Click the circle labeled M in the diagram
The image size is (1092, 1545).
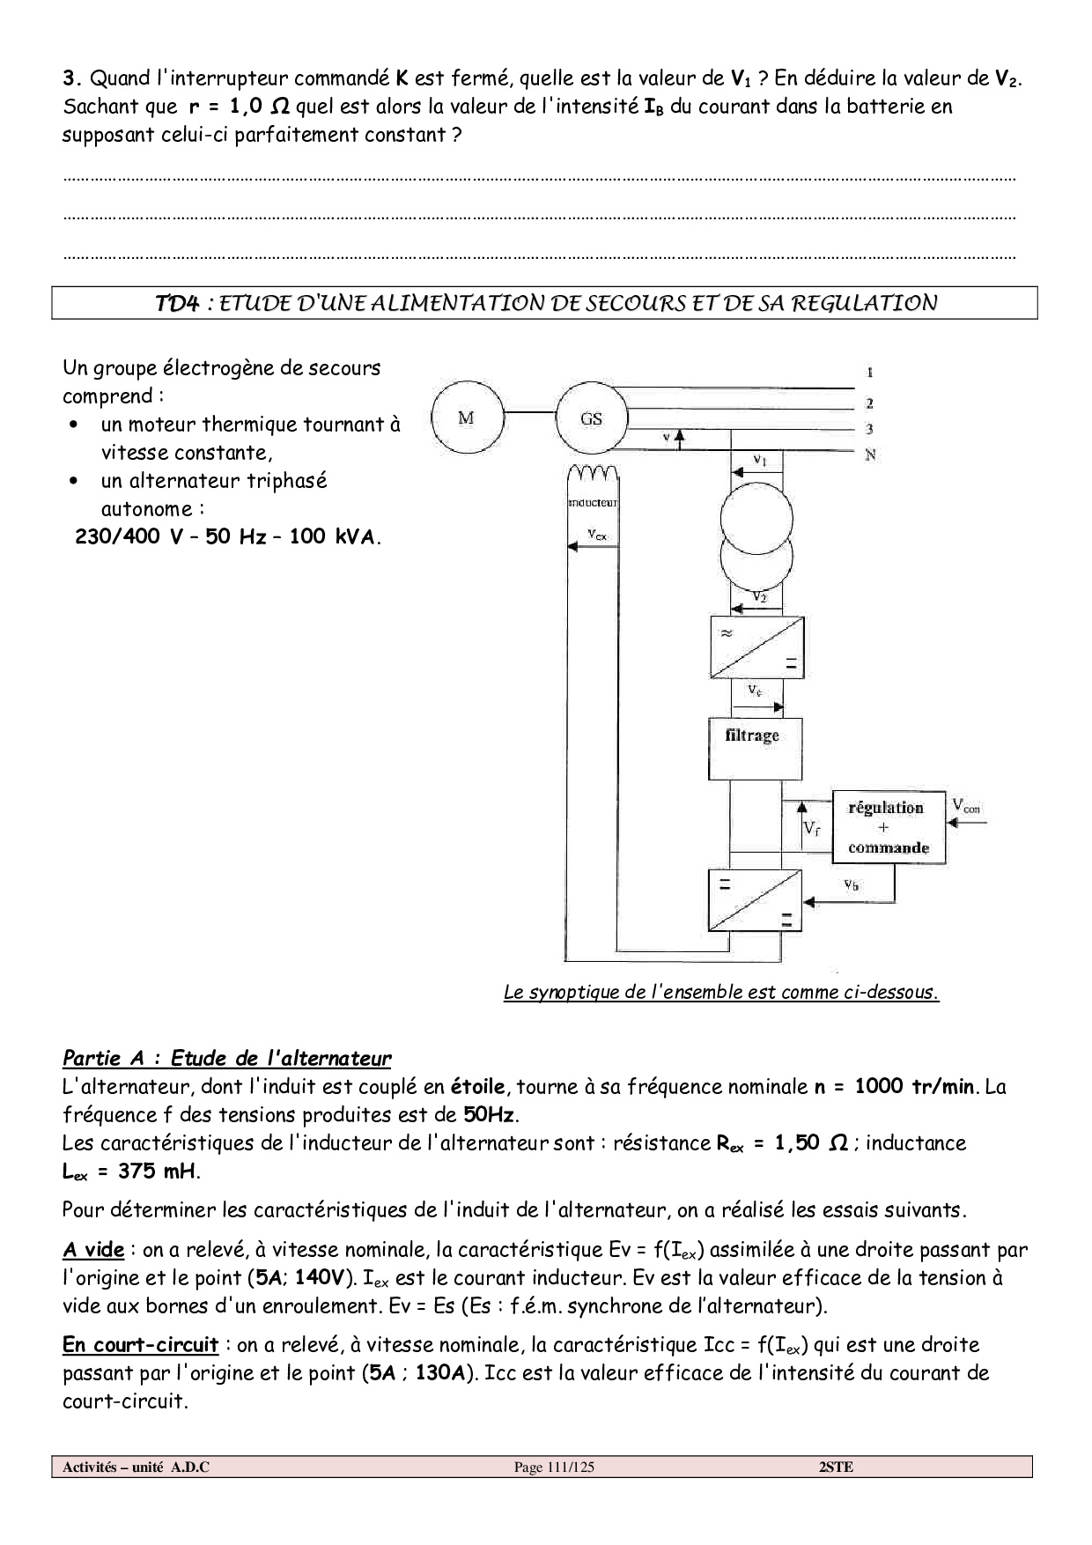click(467, 418)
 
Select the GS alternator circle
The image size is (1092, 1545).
click(591, 418)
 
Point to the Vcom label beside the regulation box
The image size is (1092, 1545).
click(966, 804)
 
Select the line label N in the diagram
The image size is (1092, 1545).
click(869, 455)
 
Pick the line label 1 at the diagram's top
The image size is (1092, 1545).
click(869, 373)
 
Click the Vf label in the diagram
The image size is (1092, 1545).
click(812, 829)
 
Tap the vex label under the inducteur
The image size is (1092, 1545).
click(596, 534)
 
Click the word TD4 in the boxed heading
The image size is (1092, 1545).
click(177, 303)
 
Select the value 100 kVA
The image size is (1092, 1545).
click(332, 536)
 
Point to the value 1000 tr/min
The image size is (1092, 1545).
click(915, 1086)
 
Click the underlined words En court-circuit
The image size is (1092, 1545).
click(140, 1345)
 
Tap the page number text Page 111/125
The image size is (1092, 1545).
click(554, 1467)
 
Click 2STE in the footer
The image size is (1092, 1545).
click(835, 1467)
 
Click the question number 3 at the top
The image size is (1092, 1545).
click(69, 78)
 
